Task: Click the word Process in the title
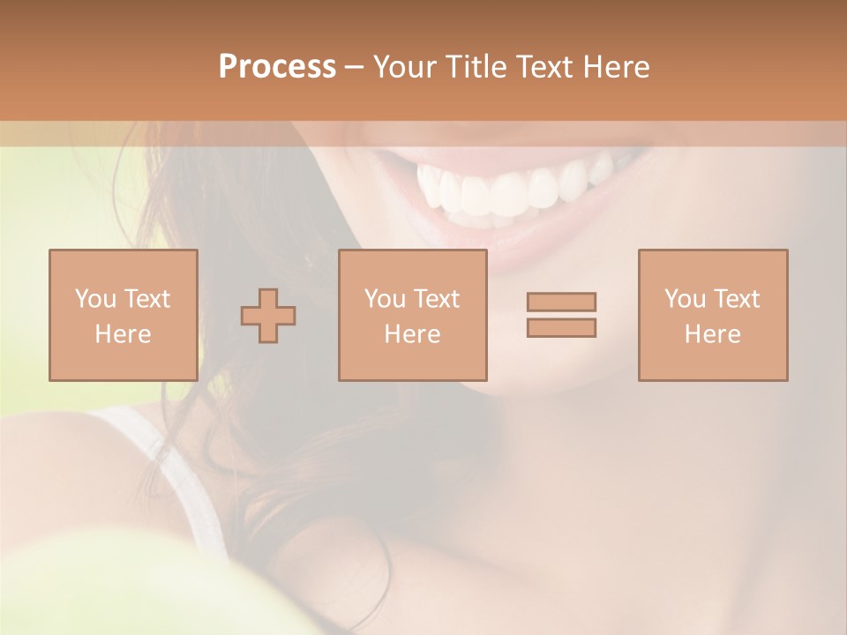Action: click(277, 67)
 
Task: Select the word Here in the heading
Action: click(615, 67)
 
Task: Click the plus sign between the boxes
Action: click(268, 316)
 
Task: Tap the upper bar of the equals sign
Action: click(561, 302)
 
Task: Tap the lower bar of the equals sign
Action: click(561, 327)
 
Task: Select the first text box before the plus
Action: click(124, 315)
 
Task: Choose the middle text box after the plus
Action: click(413, 315)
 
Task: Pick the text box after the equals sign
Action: click(713, 315)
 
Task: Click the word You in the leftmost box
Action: click(94, 299)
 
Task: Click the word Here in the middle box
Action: click(413, 334)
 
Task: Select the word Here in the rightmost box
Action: click(713, 334)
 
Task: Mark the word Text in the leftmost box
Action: click(148, 299)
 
